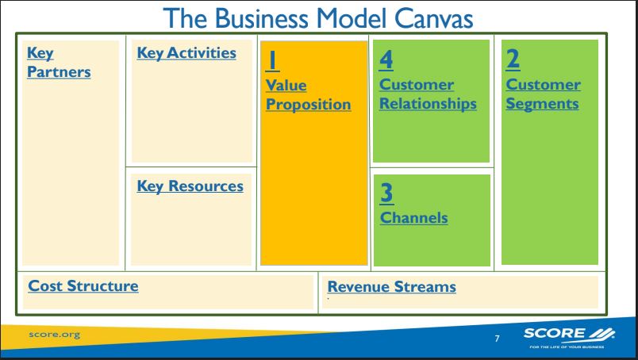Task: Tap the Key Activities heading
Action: tap(186, 53)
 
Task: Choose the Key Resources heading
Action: tap(190, 186)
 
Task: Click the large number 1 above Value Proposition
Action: tap(271, 59)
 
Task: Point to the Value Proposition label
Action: tap(308, 94)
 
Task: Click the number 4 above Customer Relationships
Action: tap(387, 59)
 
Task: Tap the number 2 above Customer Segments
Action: tap(513, 59)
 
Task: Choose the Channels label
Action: tap(414, 216)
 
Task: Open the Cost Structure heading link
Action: tap(83, 285)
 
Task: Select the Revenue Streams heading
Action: tap(392, 286)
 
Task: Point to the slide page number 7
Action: tap(497, 339)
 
